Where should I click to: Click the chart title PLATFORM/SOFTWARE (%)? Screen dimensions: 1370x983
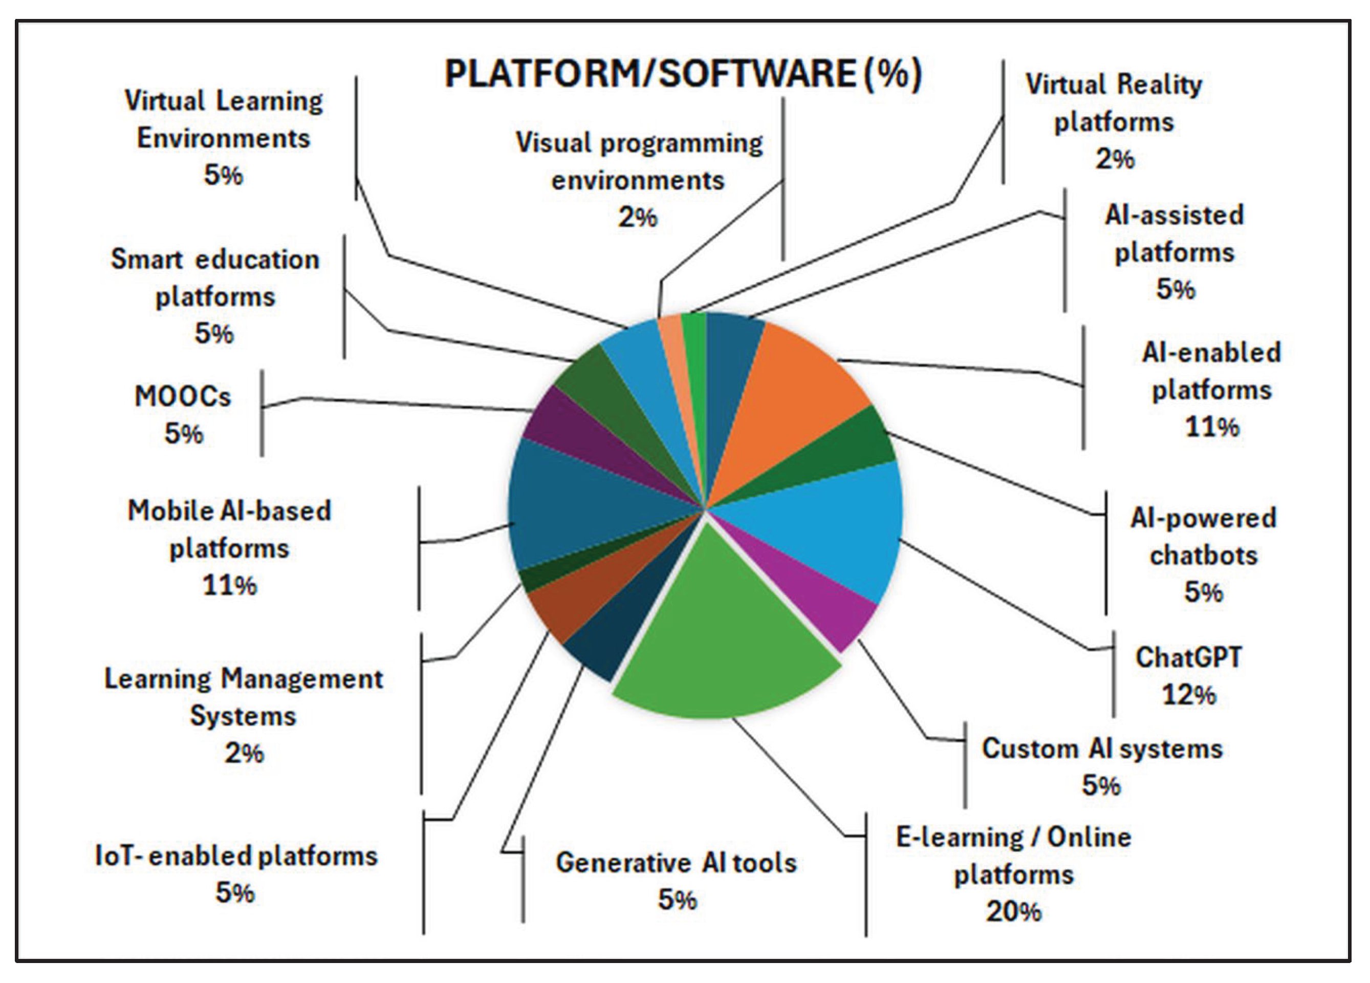coord(683,74)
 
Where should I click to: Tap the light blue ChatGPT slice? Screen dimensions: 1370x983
coord(834,531)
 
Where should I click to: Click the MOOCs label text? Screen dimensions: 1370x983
coord(182,397)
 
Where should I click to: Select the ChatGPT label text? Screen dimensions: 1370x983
coord(1188,657)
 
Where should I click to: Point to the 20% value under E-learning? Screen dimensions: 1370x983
coord(1014,912)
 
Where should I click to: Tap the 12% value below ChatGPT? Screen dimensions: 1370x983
coord(1188,695)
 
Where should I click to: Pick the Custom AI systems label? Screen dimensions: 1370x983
coord(1102,749)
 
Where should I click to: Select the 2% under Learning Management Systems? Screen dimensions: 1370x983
coord(244,754)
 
